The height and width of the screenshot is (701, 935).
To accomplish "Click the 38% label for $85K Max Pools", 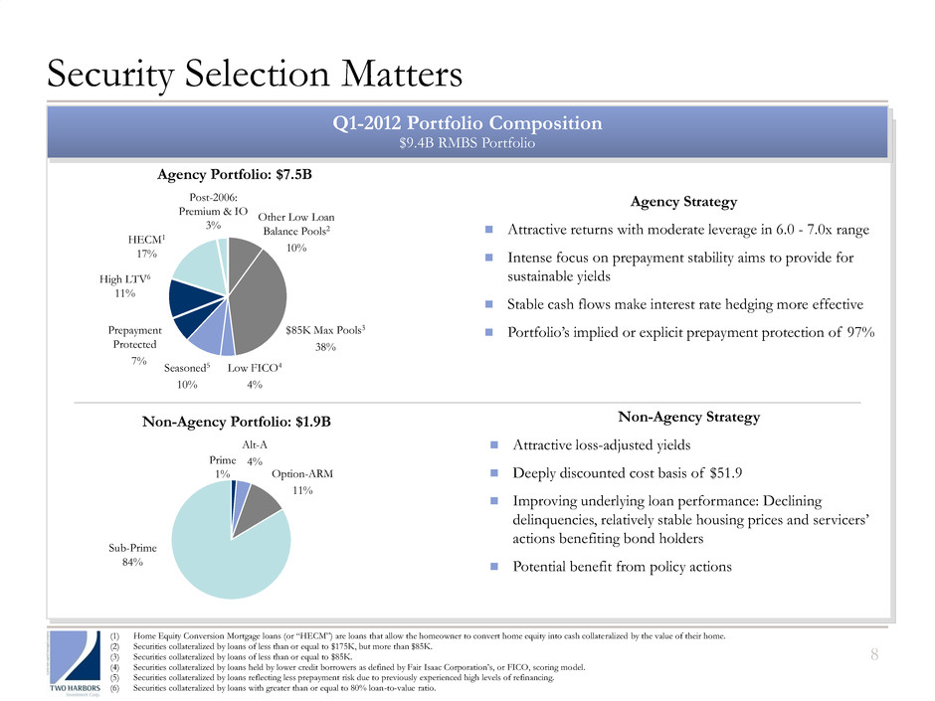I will (325, 347).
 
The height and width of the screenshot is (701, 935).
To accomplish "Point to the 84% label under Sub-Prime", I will (129, 562).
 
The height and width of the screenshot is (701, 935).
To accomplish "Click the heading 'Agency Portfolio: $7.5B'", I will (235, 174).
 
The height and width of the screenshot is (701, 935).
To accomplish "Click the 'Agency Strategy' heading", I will (684, 202).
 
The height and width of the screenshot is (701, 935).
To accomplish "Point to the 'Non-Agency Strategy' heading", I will (684, 418).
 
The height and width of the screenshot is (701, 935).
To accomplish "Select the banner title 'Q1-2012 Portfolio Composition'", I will (467, 123).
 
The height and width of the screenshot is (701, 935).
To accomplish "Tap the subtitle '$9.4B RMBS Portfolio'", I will (467, 143).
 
